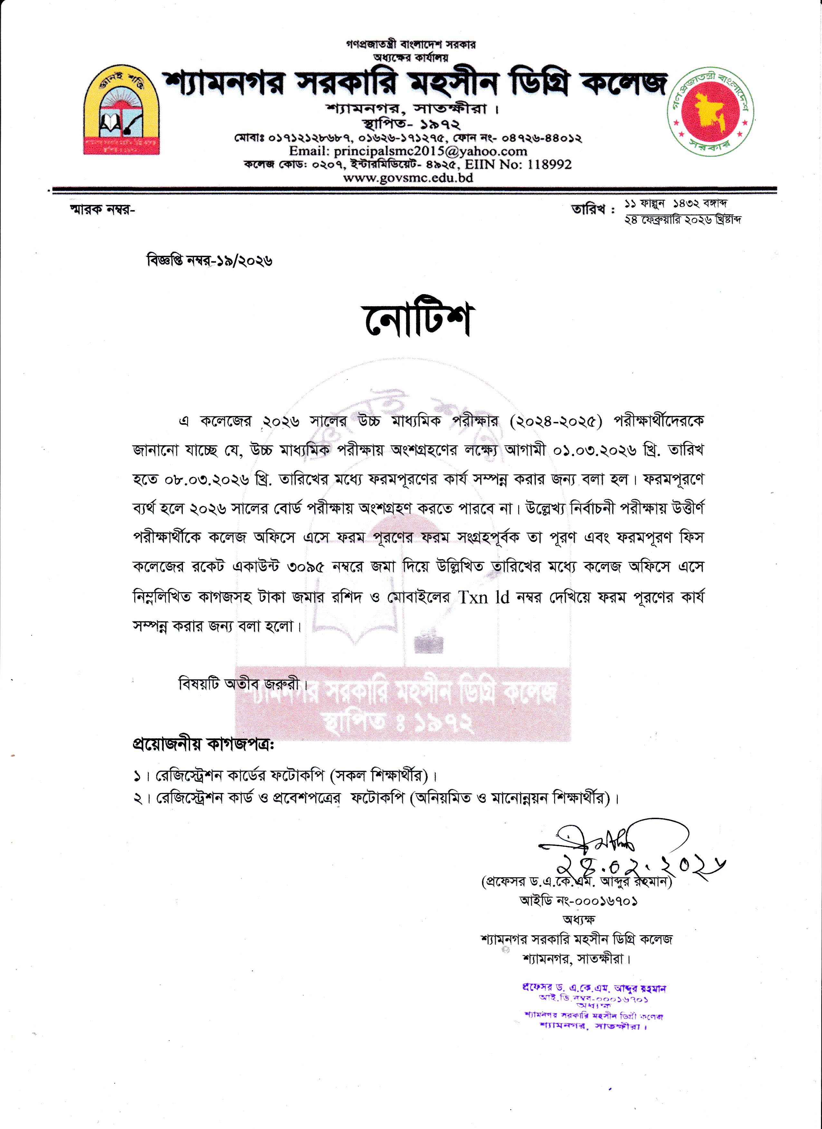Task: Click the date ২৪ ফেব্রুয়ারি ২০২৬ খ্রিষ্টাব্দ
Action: pos(683,219)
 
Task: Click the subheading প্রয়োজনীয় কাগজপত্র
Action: pos(203,745)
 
